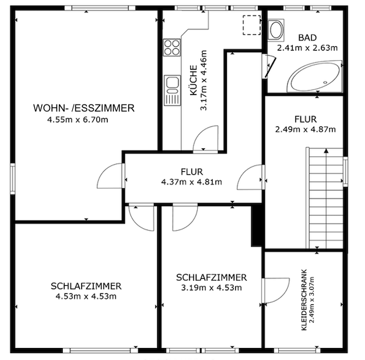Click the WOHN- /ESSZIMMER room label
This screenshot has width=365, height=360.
pos(84,108)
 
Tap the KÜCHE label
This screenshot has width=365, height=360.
pos(194,80)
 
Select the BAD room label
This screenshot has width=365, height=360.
pos(307,38)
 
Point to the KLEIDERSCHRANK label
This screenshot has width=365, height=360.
pos(304,300)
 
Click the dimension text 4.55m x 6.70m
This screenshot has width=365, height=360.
pos(78,120)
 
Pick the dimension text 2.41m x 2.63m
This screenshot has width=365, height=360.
pos(307,48)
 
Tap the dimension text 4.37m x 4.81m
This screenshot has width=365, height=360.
pos(191,182)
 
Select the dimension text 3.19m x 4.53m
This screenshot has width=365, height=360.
pos(212,288)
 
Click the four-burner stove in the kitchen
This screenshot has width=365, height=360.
pos(172,48)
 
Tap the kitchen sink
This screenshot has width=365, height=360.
pos(172,90)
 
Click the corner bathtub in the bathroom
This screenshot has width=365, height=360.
pos(315,76)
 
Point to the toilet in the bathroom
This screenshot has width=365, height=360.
pos(276,29)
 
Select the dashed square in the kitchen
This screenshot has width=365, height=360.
pos(252,25)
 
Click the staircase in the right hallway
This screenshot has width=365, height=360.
pos(324,198)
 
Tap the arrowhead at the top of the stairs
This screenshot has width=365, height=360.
pos(326,151)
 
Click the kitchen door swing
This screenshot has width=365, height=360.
pos(205,139)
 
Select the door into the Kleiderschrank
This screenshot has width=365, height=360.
pos(276,291)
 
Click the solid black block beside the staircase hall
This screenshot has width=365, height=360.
pos(257,226)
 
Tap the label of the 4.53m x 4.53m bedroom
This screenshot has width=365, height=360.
pos(86,286)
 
